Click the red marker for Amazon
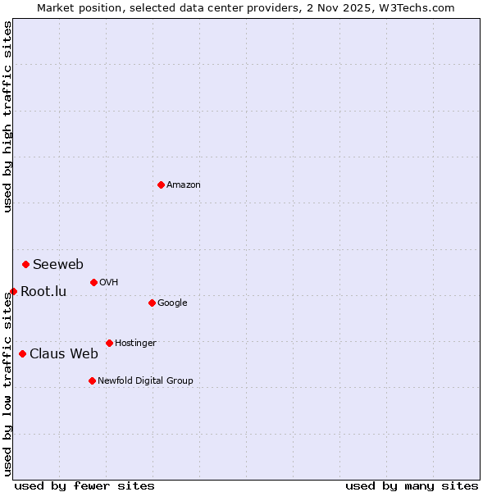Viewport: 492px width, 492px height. (x=161, y=184)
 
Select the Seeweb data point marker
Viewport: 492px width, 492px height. (x=26, y=264)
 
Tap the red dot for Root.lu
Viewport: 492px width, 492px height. (x=13, y=291)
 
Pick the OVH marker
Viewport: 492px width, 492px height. (x=93, y=282)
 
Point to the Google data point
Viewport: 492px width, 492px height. (x=152, y=303)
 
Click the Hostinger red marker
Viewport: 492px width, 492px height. (x=109, y=343)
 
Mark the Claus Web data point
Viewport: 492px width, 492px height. (x=22, y=353)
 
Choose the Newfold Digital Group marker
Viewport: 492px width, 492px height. (x=92, y=380)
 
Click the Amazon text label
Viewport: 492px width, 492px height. (x=184, y=185)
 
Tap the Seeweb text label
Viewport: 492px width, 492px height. (x=58, y=265)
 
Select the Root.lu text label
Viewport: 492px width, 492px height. (x=43, y=292)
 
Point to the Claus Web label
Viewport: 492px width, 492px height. (x=64, y=354)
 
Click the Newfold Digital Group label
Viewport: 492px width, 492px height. (x=145, y=380)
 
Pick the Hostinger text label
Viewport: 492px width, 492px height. (x=135, y=343)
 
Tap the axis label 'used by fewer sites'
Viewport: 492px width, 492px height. (x=84, y=485)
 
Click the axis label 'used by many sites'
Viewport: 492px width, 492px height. (x=412, y=485)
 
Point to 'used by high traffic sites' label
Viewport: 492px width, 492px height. (x=7, y=116)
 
